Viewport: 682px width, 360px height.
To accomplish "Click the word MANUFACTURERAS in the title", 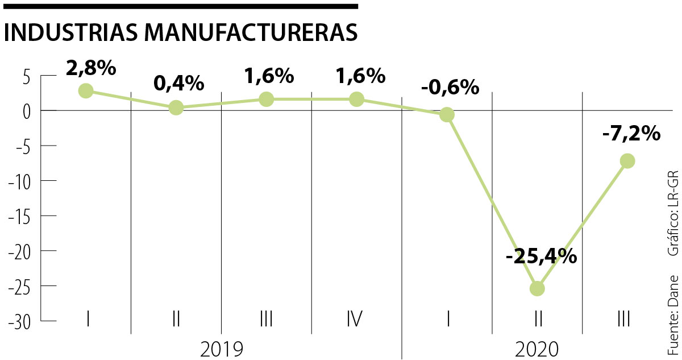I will click(x=251, y=32).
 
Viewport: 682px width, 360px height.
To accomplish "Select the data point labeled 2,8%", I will click(x=86, y=90).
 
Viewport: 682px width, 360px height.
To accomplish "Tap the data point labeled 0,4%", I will click(x=176, y=107).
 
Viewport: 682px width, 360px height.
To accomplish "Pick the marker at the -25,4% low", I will click(x=537, y=288).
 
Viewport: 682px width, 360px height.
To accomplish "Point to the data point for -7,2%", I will click(x=627, y=161).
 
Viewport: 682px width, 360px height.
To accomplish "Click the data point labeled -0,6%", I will click(x=447, y=115).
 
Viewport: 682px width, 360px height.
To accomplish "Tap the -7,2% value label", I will click(x=631, y=134).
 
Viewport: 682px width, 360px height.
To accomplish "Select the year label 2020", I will click(x=537, y=349).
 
